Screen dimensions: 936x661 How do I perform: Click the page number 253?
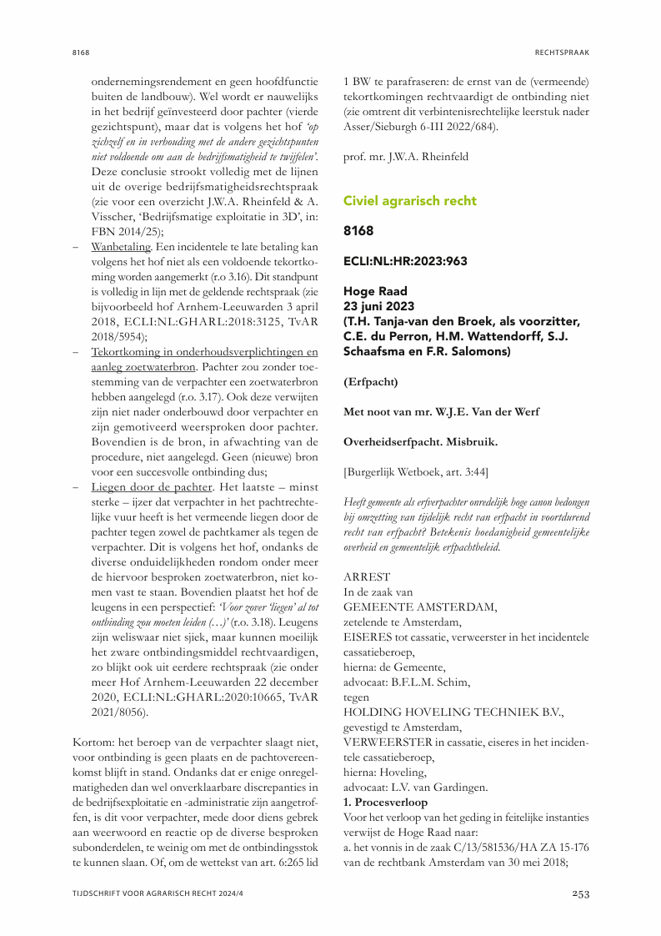pyautogui.click(x=580, y=893)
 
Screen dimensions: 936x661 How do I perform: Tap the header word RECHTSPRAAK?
pyautogui.click(x=562, y=52)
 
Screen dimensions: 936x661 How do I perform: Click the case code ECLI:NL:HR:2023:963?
pyautogui.click(x=406, y=261)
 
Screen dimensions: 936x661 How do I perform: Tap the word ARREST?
pyautogui.click(x=367, y=576)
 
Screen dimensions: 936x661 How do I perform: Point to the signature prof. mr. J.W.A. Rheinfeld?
pyautogui.click(x=406, y=156)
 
